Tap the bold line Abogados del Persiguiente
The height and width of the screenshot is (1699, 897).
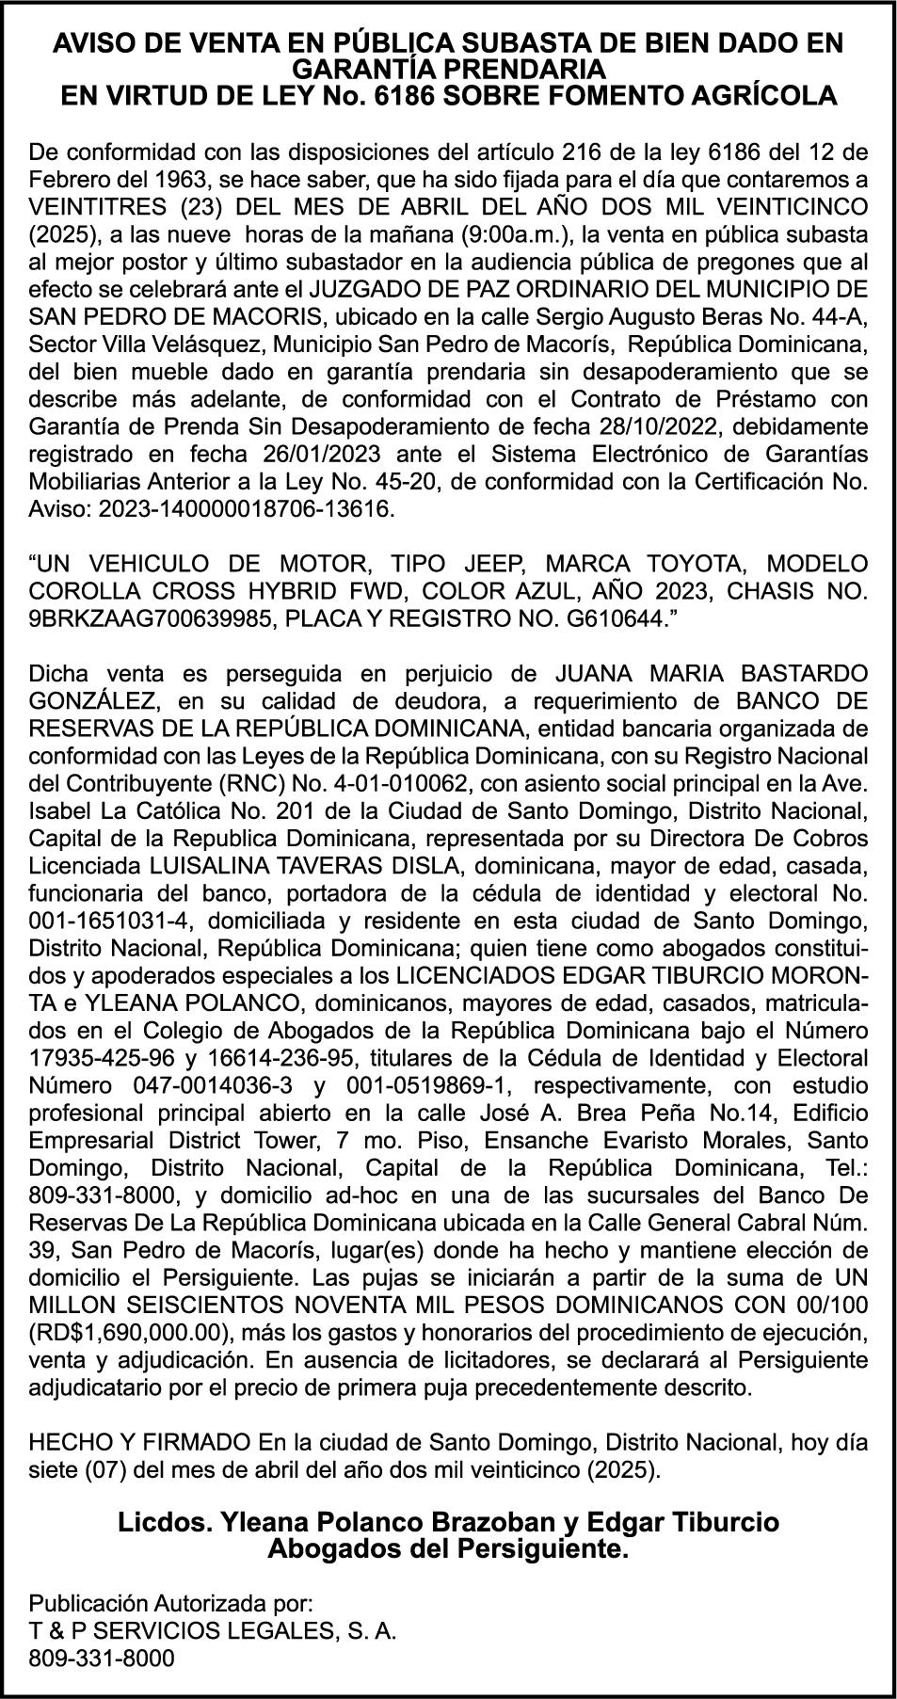448,1549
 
